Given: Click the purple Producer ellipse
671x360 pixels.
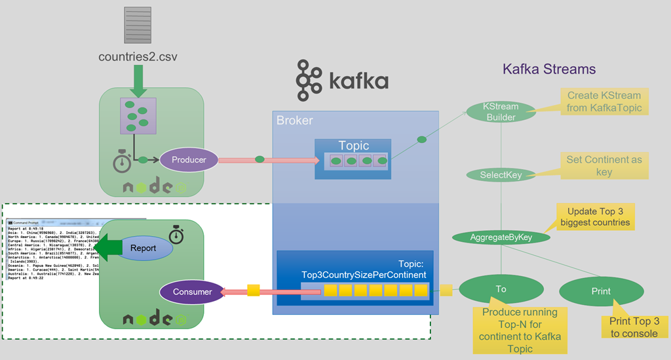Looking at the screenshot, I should click(189, 159).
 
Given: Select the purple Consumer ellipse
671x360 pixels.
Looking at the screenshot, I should click(192, 292).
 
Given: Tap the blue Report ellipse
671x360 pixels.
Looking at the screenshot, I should click(143, 249).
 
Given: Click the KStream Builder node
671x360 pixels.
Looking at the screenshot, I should click(501, 111).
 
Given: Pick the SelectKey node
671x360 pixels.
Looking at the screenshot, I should click(500, 175).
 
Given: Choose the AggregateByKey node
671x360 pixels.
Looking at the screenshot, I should click(501, 237).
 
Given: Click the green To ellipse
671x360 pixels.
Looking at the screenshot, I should click(501, 289).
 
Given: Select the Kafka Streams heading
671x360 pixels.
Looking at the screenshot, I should click(549, 68).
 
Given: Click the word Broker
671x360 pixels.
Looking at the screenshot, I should click(294, 121).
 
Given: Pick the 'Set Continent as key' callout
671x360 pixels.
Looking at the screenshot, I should click(604, 165).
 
